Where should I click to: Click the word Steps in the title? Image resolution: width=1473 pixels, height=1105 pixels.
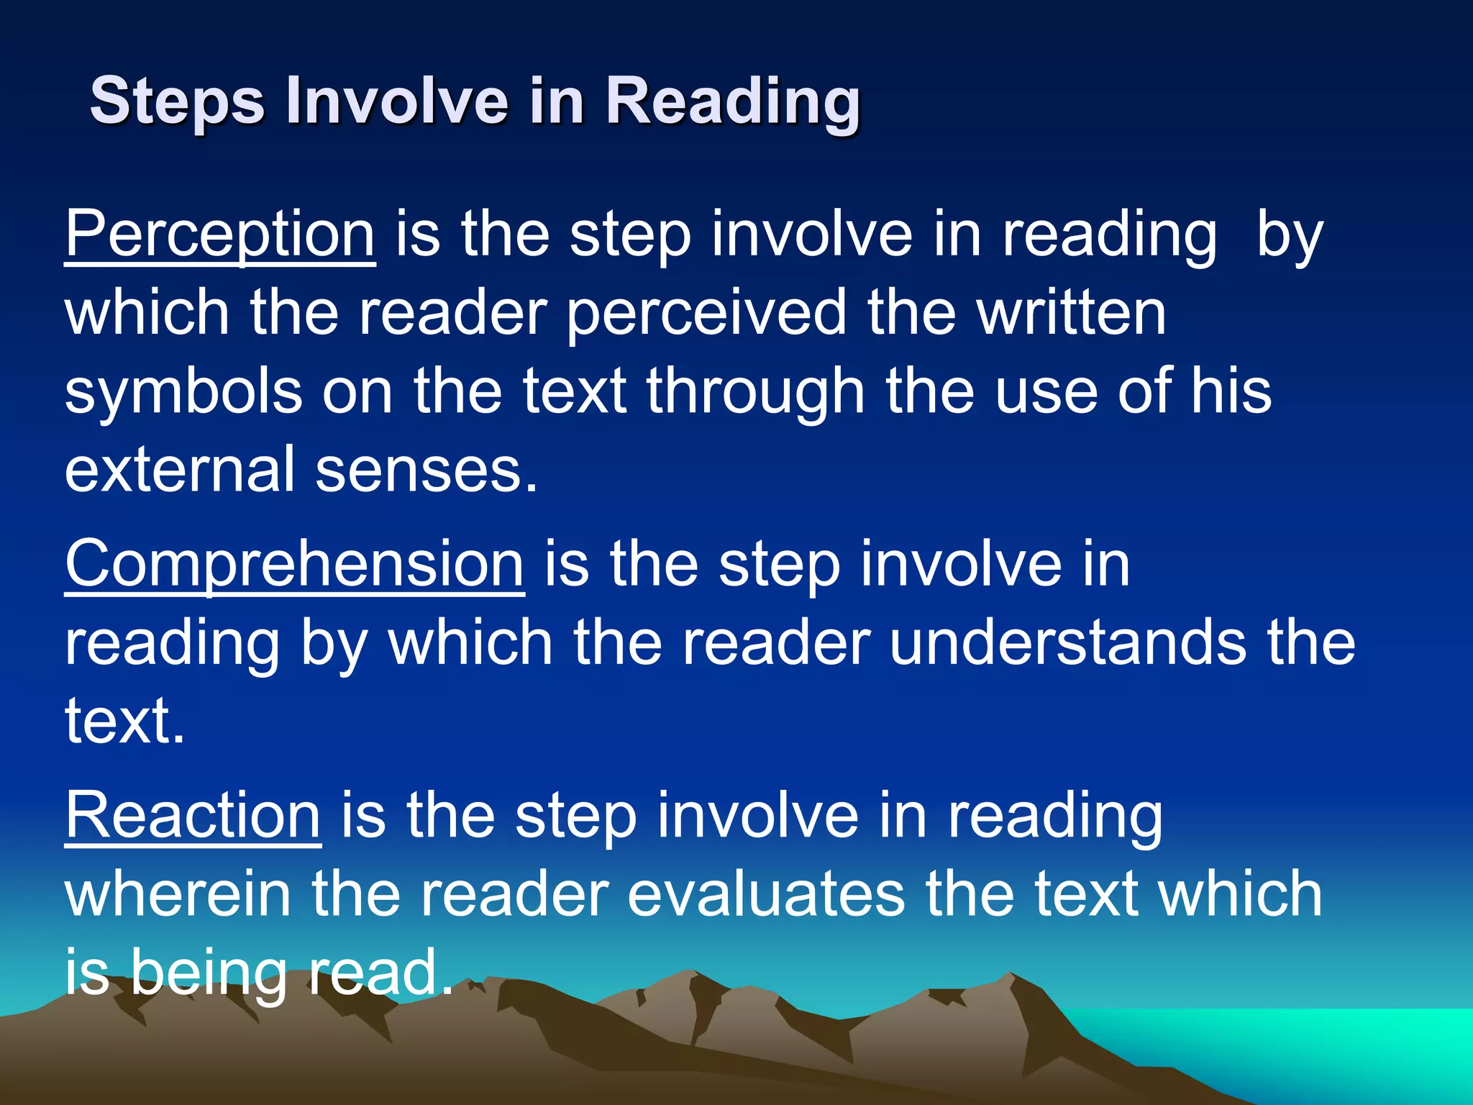(x=177, y=101)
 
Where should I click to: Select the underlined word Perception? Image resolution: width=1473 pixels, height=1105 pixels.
(x=220, y=234)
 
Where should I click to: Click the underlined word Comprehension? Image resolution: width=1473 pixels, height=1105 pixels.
(x=295, y=564)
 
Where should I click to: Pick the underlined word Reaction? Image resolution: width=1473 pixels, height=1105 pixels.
(x=193, y=816)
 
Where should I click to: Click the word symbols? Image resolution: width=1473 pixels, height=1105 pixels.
(x=183, y=391)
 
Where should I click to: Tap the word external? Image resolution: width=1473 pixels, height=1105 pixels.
(x=180, y=469)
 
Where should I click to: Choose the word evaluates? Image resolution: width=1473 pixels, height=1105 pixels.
(x=766, y=894)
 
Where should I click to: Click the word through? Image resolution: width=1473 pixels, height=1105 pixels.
(x=755, y=393)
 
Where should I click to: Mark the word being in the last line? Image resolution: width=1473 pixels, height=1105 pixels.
(x=209, y=973)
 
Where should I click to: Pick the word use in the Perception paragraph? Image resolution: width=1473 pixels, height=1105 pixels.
(x=1046, y=393)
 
